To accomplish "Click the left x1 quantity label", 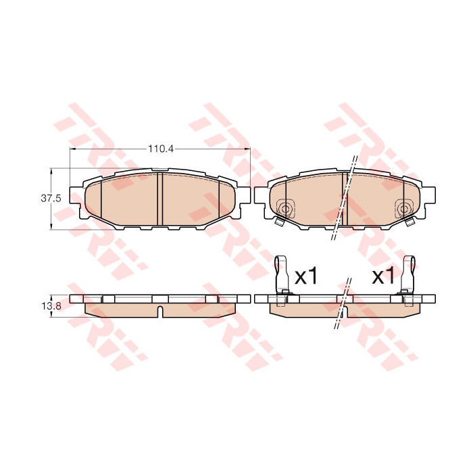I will [306, 276].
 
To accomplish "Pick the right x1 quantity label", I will [383, 276].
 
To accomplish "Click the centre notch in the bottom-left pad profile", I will [160, 312].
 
